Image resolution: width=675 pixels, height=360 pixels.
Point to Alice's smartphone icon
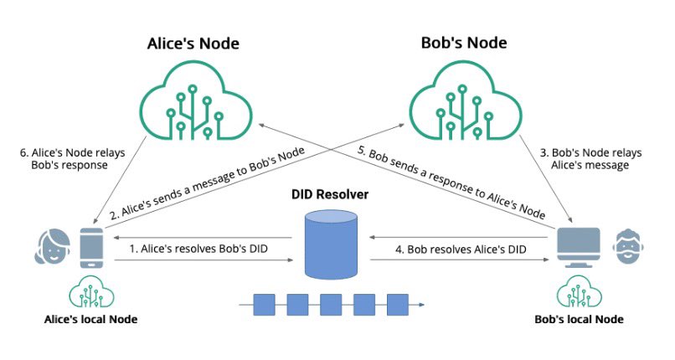click(x=91, y=248)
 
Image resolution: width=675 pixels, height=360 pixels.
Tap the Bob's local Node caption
click(x=579, y=320)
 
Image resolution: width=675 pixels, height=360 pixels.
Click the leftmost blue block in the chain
click(x=265, y=305)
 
